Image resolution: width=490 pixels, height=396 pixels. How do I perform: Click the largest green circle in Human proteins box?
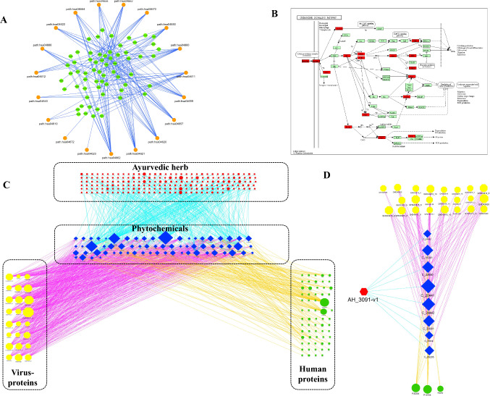point(324,303)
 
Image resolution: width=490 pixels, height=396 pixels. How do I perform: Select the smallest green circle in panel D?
point(441,387)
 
